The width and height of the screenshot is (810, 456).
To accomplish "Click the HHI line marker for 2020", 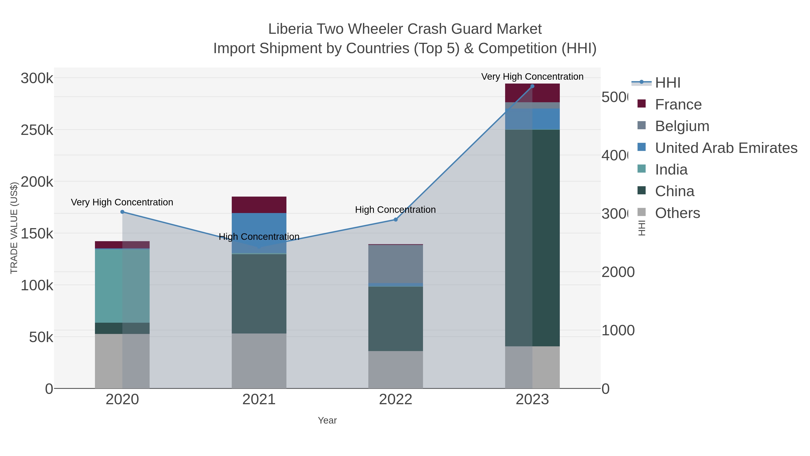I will click(x=122, y=212).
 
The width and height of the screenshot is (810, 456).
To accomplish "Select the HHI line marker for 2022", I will click(x=396, y=219).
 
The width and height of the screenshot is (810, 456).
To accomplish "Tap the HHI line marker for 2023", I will click(x=532, y=86).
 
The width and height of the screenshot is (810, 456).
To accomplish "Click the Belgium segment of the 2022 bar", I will click(x=396, y=264).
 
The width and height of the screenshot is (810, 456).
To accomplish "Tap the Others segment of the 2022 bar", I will click(x=396, y=370).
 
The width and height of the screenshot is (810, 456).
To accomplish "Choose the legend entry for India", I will click(x=671, y=170).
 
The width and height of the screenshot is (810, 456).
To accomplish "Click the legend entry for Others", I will click(x=677, y=213).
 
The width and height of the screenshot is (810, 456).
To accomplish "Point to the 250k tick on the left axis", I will click(x=37, y=130).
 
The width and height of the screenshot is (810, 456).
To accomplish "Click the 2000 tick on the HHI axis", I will click(x=618, y=272).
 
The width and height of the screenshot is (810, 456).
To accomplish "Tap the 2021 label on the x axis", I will click(x=259, y=399).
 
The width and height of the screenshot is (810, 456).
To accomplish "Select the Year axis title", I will click(x=327, y=420).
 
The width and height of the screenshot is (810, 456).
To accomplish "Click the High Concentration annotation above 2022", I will click(x=395, y=210).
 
